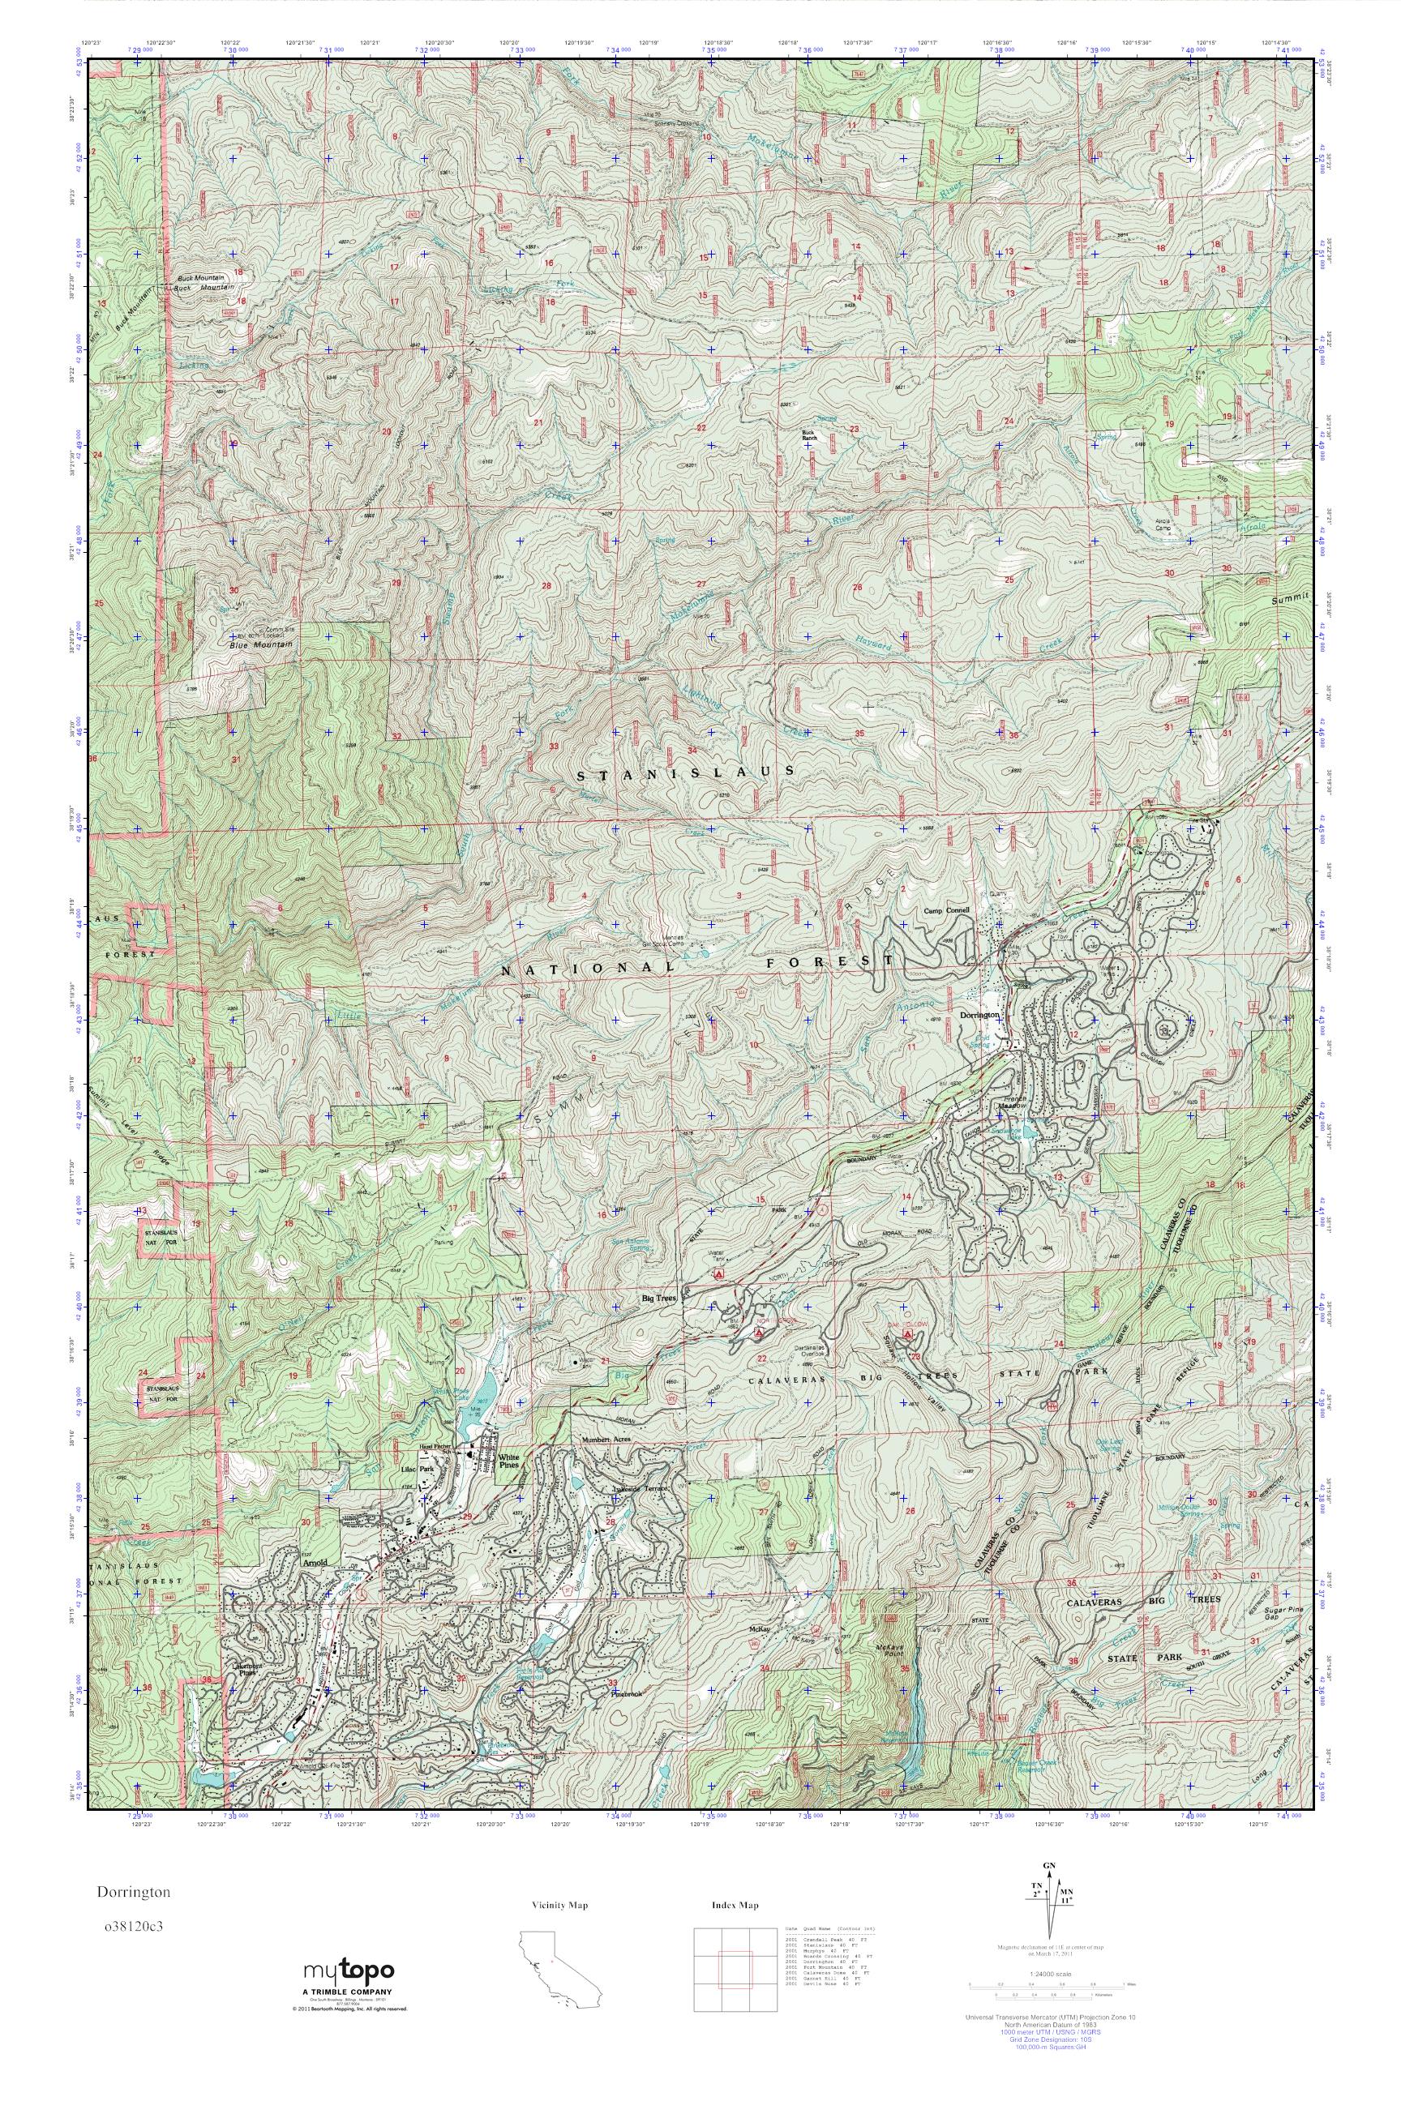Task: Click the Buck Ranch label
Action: pos(809,435)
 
